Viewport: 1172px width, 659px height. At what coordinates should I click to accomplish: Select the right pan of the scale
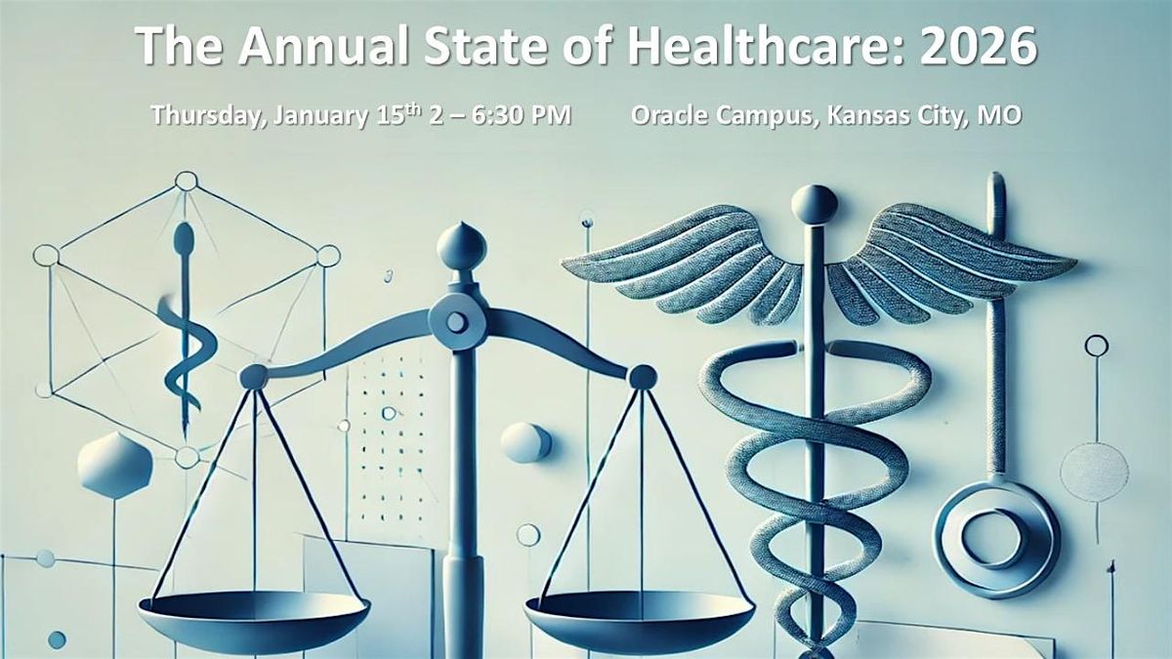[640, 610]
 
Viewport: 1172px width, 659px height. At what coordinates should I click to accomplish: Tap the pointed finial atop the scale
[461, 243]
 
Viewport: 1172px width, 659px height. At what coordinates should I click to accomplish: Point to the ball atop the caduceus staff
[814, 204]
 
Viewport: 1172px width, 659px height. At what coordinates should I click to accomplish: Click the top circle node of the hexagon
[186, 181]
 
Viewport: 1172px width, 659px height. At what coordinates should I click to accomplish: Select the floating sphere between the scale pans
[525, 442]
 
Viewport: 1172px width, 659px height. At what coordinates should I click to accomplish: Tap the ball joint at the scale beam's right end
[642, 377]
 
